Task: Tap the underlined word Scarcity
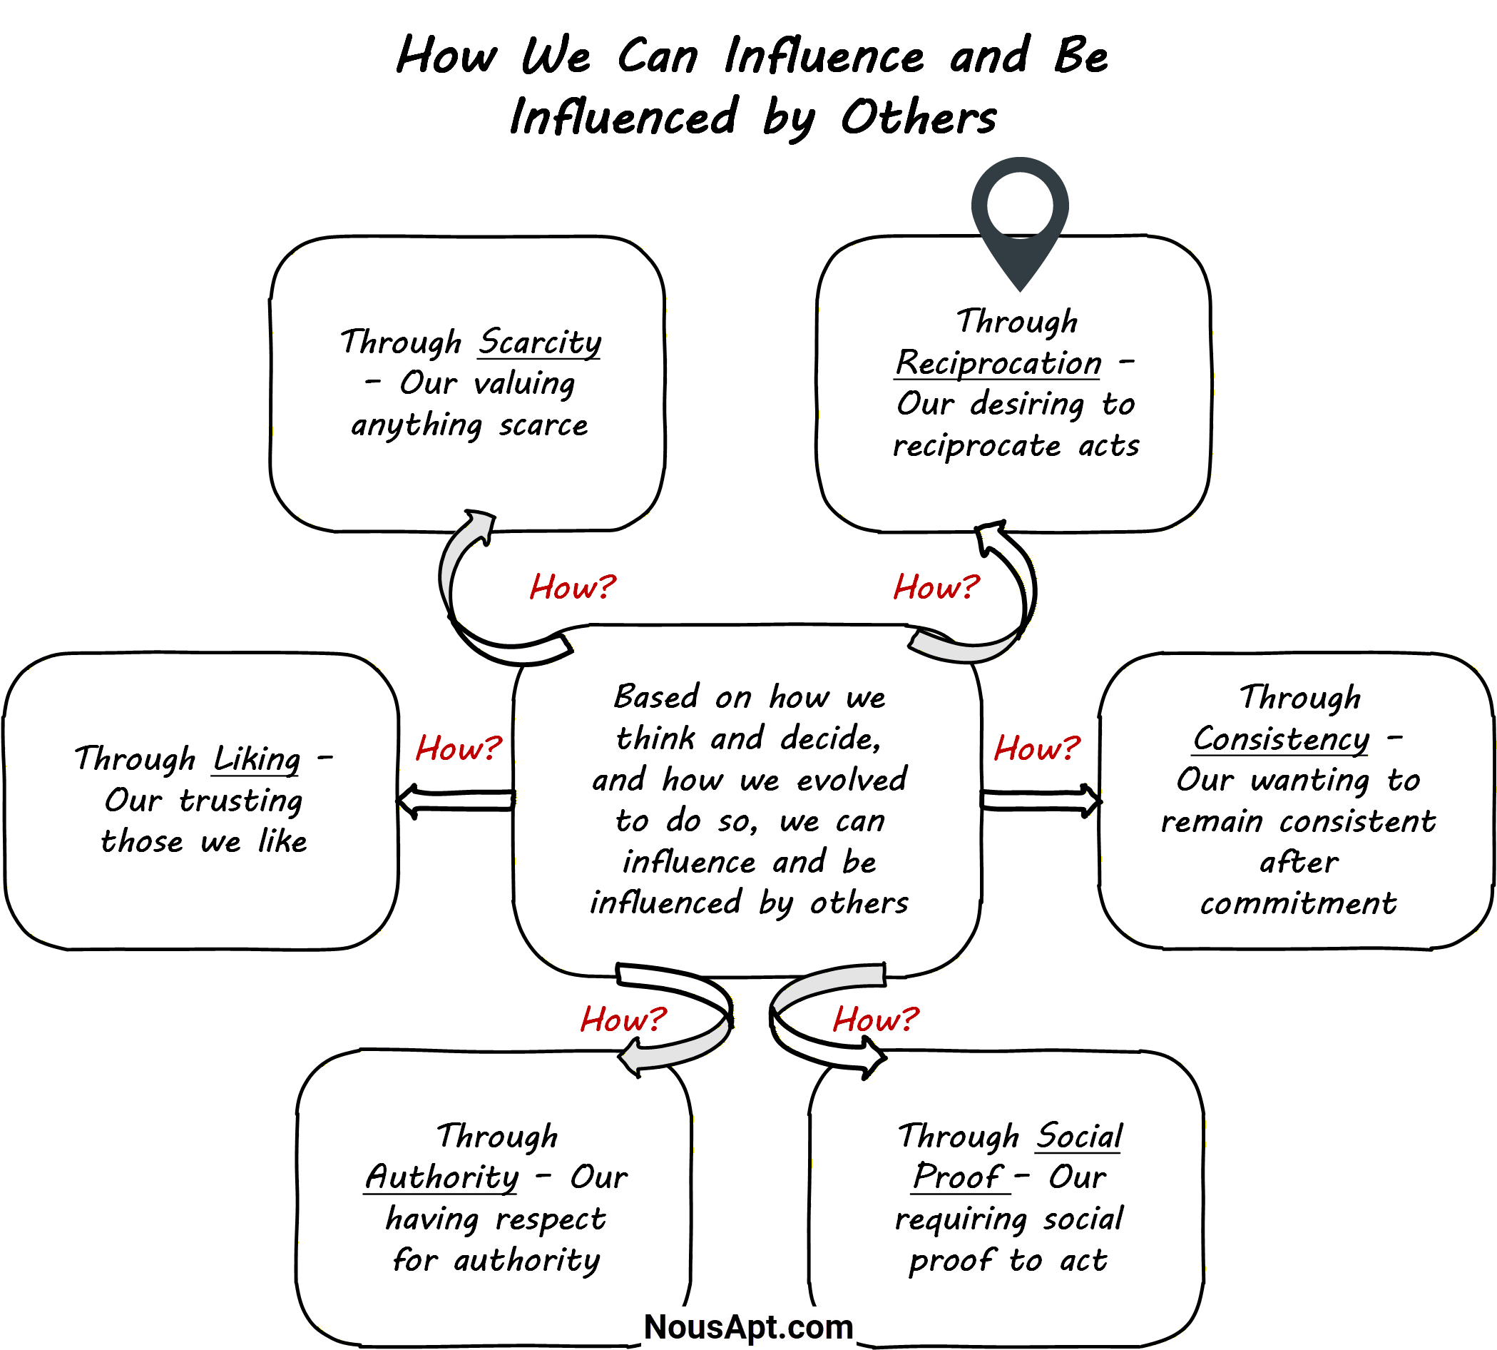(539, 342)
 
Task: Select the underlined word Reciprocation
(998, 362)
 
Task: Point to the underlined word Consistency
(1281, 739)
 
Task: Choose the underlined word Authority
(442, 1177)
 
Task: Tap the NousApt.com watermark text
(748, 1327)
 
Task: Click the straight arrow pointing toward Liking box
(455, 801)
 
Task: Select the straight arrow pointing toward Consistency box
(1041, 801)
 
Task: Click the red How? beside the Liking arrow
(458, 748)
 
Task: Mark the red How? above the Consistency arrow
(1036, 748)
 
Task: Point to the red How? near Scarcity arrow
(573, 587)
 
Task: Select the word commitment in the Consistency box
(1297, 903)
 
